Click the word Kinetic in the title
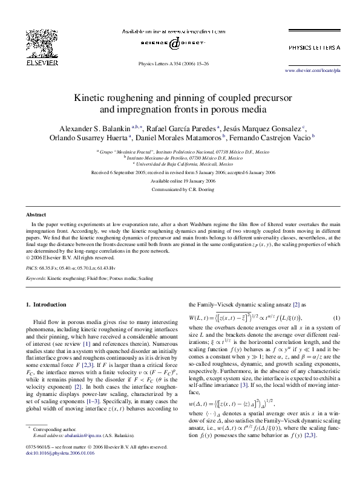click(x=91, y=97)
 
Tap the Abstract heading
click(x=36, y=215)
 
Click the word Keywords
click(x=36, y=278)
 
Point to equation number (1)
click(x=336, y=318)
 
